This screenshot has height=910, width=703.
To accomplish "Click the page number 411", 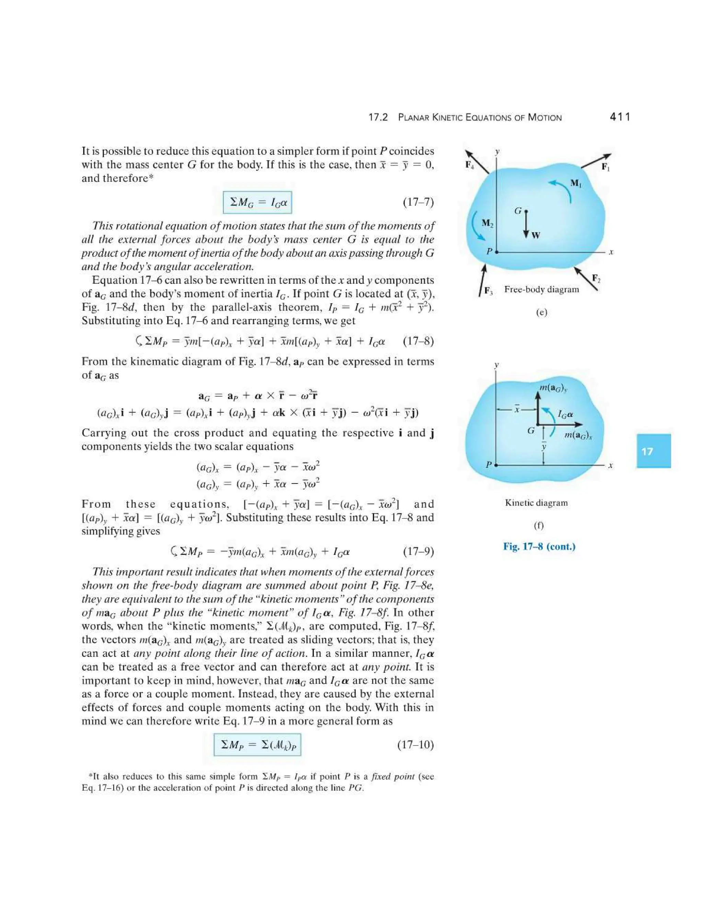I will click(619, 117).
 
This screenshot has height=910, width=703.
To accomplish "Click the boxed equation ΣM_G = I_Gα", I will click(257, 203).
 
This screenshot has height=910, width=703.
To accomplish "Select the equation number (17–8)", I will click(418, 342).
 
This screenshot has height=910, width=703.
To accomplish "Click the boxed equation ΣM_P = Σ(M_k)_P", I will click(257, 744).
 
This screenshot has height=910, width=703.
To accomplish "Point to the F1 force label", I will click(605, 168).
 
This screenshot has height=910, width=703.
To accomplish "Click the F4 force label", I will click(469, 165).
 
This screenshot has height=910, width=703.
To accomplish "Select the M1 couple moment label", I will click(576, 183).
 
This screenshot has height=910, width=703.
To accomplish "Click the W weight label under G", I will click(535, 236).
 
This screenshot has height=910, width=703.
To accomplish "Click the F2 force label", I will click(596, 278).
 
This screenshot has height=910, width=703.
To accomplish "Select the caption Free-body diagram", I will click(541, 289).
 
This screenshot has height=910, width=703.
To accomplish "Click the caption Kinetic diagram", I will click(536, 503).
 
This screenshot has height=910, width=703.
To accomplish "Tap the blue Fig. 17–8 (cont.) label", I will click(539, 547).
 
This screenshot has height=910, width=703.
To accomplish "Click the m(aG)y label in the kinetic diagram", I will click(553, 388).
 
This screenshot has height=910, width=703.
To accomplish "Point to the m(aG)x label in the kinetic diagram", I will click(578, 435).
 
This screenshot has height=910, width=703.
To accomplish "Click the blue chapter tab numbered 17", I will click(653, 451).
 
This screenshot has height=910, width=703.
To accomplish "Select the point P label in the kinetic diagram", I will click(489, 464).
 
